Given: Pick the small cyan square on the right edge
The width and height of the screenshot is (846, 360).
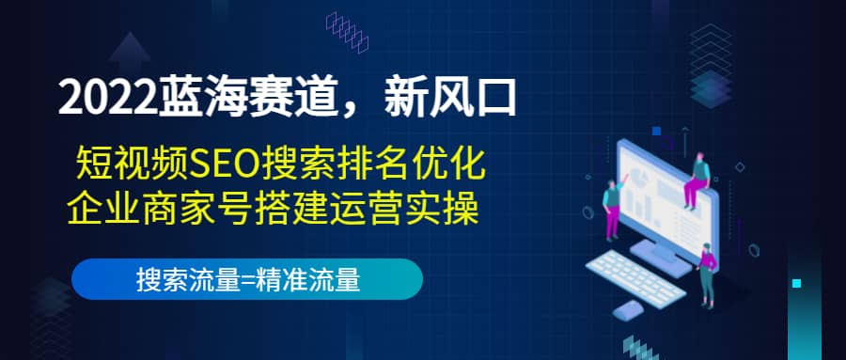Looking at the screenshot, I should pyautogui.click(x=797, y=282).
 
